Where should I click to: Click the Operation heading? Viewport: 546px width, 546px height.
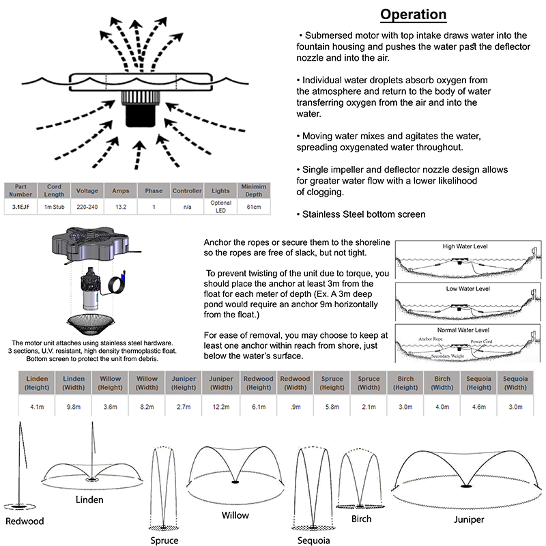coord(413,14)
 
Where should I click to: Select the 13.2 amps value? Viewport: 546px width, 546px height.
coord(120,205)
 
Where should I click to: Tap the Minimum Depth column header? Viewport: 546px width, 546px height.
coord(253,189)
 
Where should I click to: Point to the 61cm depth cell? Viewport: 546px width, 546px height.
coord(253,205)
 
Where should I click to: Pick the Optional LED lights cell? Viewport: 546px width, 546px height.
coord(220,205)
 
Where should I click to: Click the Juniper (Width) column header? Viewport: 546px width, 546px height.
coord(221,383)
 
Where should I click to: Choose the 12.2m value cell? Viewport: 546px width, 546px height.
coord(221,407)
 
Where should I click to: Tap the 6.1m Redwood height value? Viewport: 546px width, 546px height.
coord(258,407)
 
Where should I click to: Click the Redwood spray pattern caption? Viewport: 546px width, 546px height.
coord(25,521)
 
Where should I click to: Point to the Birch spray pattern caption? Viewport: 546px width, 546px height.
coord(362,519)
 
